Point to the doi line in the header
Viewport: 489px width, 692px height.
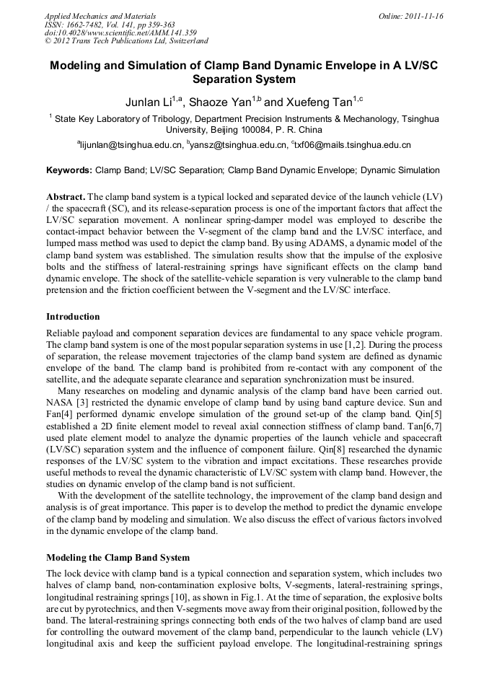tap(120, 32)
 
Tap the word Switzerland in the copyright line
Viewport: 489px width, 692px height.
tap(186, 41)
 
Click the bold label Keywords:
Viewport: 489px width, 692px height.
tap(69, 171)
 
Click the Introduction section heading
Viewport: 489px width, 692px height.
tap(73, 316)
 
